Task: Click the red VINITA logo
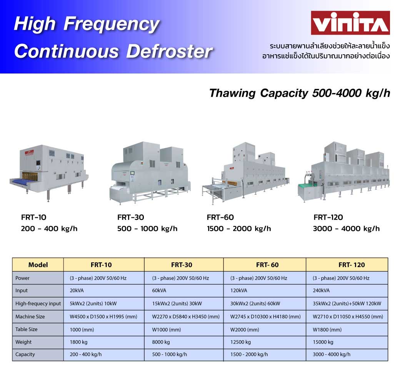(x=350, y=23)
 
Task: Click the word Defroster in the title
(x=169, y=51)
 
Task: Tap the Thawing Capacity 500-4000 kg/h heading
(x=300, y=93)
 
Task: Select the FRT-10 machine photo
(x=49, y=172)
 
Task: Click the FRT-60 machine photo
(x=246, y=173)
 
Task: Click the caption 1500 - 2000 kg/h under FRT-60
(x=239, y=229)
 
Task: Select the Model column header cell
(x=38, y=265)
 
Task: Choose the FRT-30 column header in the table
(x=182, y=265)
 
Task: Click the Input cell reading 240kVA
(x=347, y=291)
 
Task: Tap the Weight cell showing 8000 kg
(x=184, y=342)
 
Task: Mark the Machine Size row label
(x=30, y=316)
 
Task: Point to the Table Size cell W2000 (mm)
(x=265, y=329)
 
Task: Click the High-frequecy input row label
(x=38, y=304)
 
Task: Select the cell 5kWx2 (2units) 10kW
(x=104, y=304)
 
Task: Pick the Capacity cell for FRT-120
(x=347, y=354)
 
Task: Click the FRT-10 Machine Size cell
(x=104, y=316)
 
